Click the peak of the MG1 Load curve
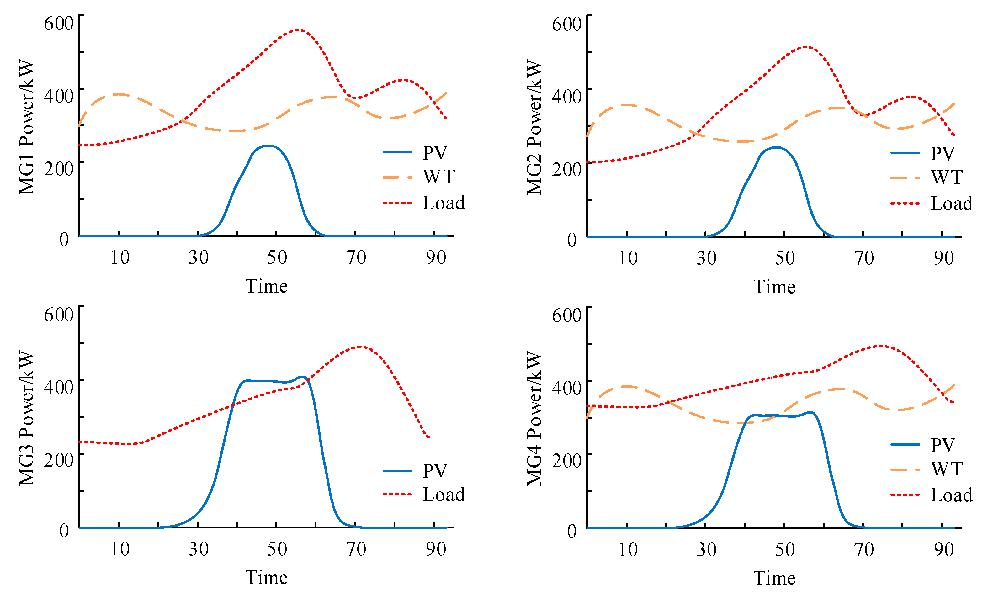tap(297, 30)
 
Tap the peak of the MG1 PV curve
tap(268, 146)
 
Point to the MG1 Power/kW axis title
tap(27, 127)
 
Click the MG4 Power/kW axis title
tap(534, 418)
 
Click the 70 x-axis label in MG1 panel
tap(356, 258)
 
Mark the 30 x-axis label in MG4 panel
tap(706, 549)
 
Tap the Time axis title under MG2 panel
tap(774, 287)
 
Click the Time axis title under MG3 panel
tap(266, 577)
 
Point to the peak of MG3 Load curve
tap(360, 347)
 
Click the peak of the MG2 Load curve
tap(805, 47)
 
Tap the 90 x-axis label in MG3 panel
tap(435, 549)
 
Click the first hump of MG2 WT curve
tap(626, 105)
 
